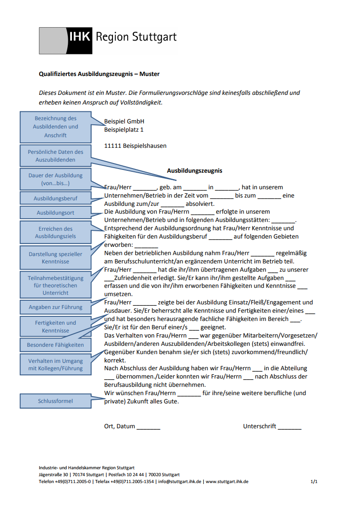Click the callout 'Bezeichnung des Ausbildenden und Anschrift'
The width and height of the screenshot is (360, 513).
[55, 127]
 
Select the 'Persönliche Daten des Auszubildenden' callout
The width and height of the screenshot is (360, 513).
[55, 156]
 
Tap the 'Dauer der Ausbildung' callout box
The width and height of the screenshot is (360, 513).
[55, 179]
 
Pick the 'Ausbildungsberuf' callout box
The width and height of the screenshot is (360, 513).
[55, 198]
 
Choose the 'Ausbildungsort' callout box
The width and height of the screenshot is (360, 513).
[55, 213]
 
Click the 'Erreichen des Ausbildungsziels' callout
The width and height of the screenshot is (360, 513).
[55, 232]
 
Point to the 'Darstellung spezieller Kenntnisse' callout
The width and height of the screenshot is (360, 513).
[55, 257]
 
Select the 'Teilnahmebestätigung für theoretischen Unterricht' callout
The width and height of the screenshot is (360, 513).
[55, 285]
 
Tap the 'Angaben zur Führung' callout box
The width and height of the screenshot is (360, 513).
[55, 307]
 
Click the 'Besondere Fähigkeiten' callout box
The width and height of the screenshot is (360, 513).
[55, 344]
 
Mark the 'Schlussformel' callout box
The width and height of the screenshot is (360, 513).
[55, 401]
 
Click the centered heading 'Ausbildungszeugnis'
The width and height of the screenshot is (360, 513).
[195, 171]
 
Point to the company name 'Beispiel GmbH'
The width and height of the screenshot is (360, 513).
[124, 122]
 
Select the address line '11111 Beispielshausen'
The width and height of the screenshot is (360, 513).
[135, 146]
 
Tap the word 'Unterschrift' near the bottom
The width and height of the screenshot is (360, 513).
[260, 426]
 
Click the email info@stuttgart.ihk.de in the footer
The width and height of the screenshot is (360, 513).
[180, 481]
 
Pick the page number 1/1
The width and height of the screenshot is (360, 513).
[314, 481]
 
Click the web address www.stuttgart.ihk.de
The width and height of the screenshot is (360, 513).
[227, 481]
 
